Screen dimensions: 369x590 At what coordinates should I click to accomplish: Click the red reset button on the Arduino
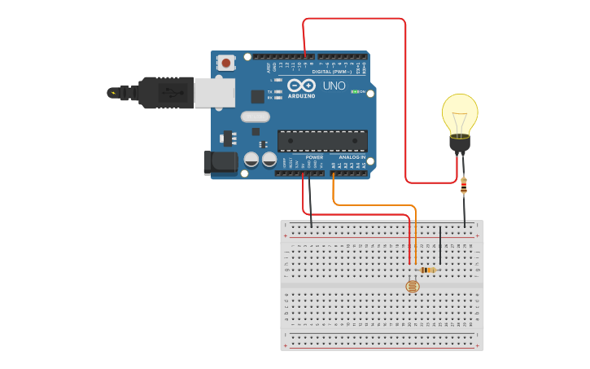click(x=225, y=62)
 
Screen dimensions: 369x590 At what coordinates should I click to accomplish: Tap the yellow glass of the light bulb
click(x=460, y=112)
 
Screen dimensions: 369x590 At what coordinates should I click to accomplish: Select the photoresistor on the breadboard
click(x=413, y=286)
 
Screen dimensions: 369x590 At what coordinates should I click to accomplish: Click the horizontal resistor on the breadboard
click(x=427, y=270)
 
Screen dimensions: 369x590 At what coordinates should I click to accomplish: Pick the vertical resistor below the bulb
click(x=464, y=185)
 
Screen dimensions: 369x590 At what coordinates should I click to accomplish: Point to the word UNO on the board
click(x=334, y=86)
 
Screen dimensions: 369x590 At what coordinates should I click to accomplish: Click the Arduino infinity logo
click(x=301, y=86)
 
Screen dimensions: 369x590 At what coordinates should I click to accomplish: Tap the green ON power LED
click(x=355, y=91)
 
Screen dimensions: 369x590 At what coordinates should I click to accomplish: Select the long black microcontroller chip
click(x=321, y=141)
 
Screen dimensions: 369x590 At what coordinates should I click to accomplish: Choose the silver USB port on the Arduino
click(x=214, y=93)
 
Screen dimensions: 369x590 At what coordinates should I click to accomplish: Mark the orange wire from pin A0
click(x=374, y=205)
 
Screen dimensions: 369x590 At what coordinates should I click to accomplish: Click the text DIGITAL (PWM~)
click(x=332, y=72)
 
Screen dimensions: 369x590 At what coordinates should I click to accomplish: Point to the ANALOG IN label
click(x=352, y=157)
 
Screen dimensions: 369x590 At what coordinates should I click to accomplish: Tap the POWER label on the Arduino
click(x=314, y=157)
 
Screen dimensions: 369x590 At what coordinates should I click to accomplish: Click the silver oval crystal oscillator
click(x=255, y=116)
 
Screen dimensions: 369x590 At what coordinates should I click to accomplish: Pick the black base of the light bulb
click(x=460, y=144)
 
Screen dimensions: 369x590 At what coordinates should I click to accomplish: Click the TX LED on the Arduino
click(x=278, y=92)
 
